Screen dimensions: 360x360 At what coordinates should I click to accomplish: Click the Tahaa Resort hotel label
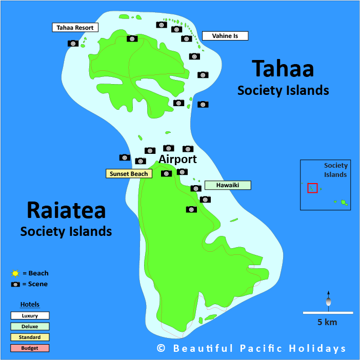coord(75,27)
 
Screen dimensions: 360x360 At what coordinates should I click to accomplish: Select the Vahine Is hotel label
coord(225,36)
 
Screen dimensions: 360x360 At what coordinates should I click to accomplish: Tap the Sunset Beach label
coord(129,174)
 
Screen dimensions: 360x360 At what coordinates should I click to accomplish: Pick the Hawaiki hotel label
coord(228,185)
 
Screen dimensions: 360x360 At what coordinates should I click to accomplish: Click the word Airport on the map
coord(177,159)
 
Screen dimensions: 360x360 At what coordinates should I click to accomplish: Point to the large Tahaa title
coord(283,69)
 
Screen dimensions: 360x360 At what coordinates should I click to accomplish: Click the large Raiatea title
coord(66,210)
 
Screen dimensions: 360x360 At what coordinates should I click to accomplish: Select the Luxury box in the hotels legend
coord(30,316)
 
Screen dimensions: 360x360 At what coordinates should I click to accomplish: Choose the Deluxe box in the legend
coord(30,327)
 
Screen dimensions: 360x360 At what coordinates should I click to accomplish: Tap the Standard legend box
coord(30,337)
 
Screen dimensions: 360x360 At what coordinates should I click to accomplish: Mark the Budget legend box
coord(30,348)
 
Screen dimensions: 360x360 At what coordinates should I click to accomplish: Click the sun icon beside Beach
coord(15,274)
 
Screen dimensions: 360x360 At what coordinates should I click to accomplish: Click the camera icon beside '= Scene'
coord(16,284)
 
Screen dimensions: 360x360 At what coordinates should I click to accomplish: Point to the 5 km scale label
coord(327,322)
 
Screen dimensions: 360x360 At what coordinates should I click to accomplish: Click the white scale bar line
coord(327,312)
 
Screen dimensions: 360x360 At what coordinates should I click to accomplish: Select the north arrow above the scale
coord(328,301)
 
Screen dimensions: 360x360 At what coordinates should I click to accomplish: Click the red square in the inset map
coord(312,188)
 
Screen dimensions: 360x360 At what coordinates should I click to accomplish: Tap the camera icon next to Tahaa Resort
coord(73,44)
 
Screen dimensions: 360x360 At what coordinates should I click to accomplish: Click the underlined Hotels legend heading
coord(30,305)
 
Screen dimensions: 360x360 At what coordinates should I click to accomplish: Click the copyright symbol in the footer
coord(161,349)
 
